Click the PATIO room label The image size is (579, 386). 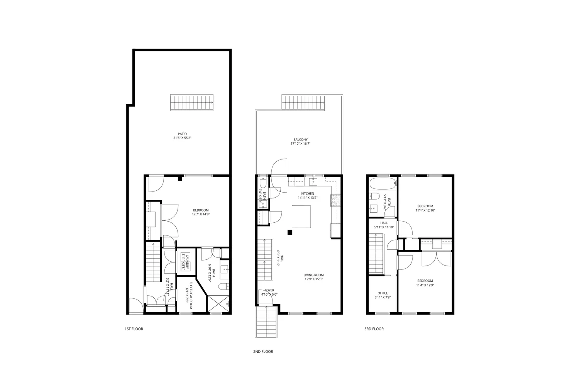[183, 134]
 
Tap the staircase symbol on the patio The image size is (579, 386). [192, 102]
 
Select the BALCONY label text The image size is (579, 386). [300, 140]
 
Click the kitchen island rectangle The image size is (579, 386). [301, 217]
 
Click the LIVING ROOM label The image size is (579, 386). [314, 275]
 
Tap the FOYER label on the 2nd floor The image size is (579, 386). [269, 290]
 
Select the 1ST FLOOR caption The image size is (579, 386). [134, 329]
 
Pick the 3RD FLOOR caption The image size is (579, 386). [374, 329]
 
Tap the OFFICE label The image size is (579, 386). [383, 293]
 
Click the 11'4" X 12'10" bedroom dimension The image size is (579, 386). [425, 210]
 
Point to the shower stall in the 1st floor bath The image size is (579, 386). [218, 304]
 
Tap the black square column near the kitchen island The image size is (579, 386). [289, 232]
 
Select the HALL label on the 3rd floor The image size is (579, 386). [384, 223]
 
